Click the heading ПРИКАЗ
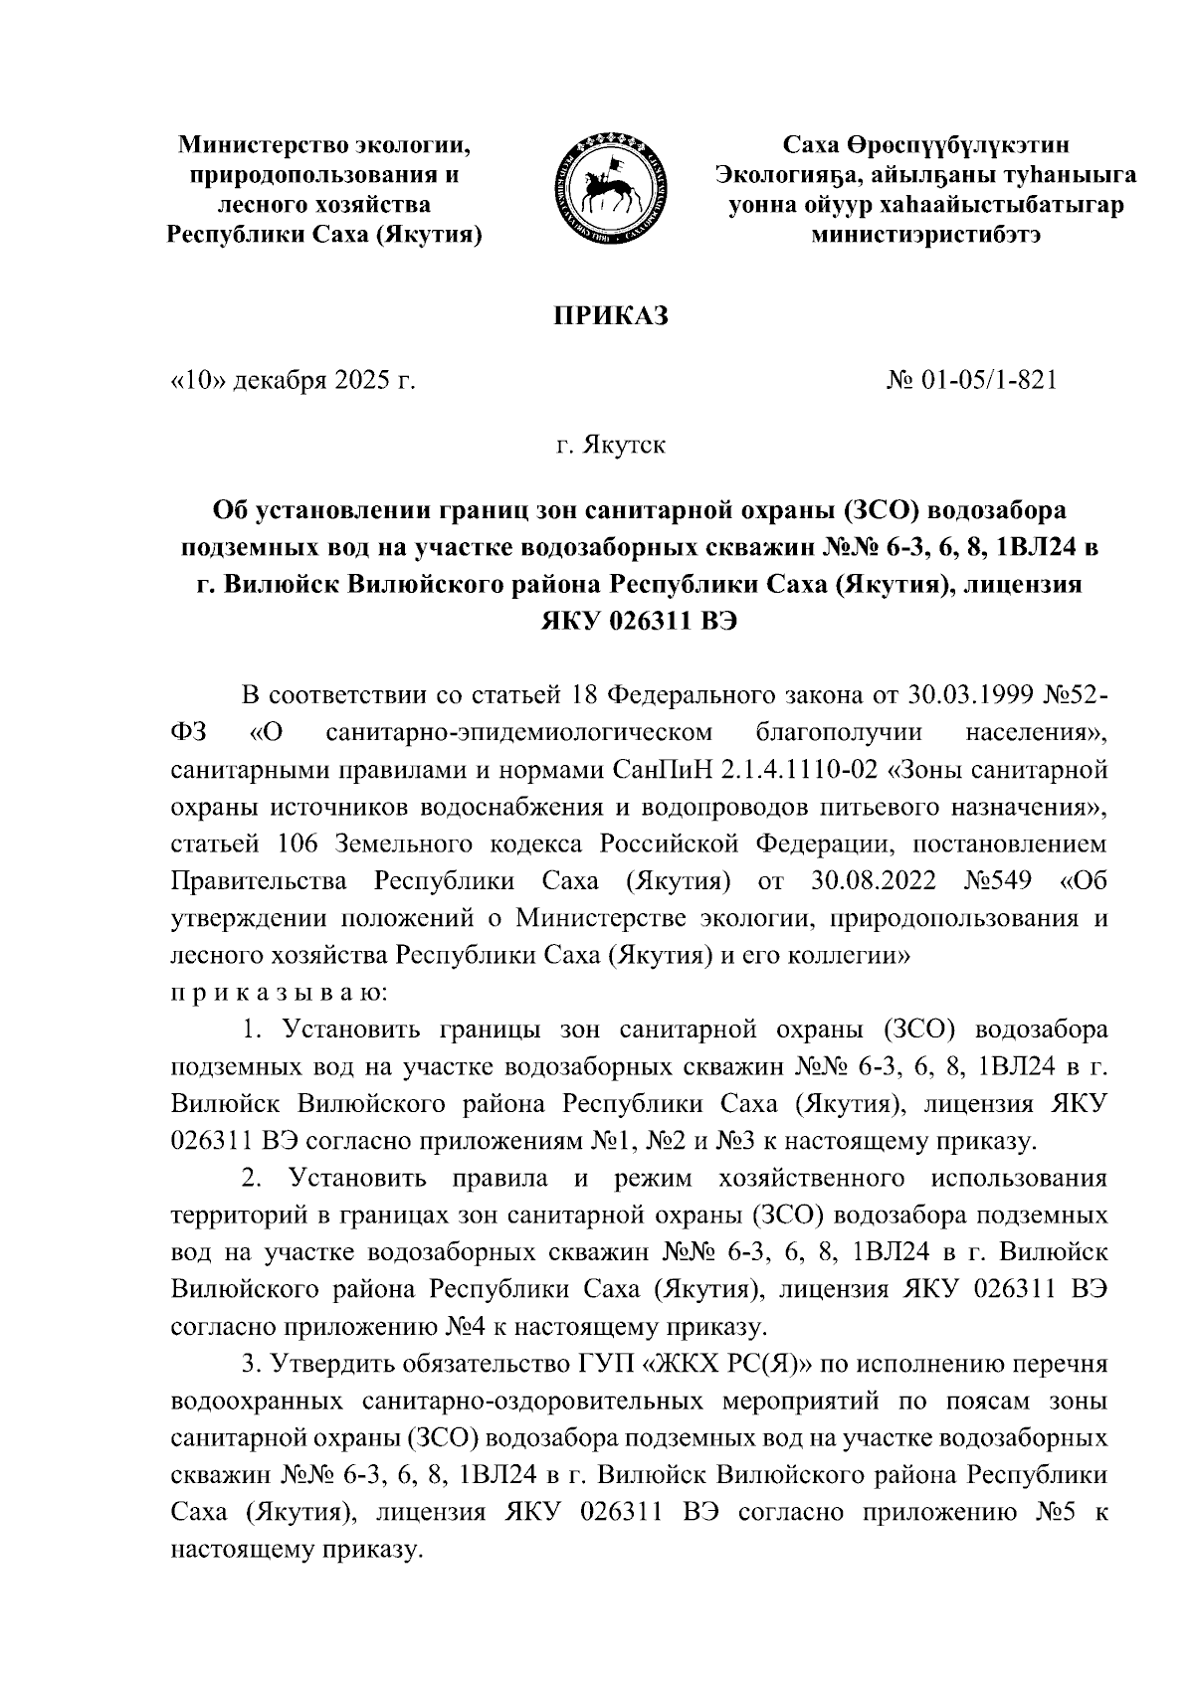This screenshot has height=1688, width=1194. click(610, 316)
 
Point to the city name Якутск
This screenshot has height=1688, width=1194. click(624, 445)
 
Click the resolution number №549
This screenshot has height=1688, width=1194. click(1000, 881)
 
